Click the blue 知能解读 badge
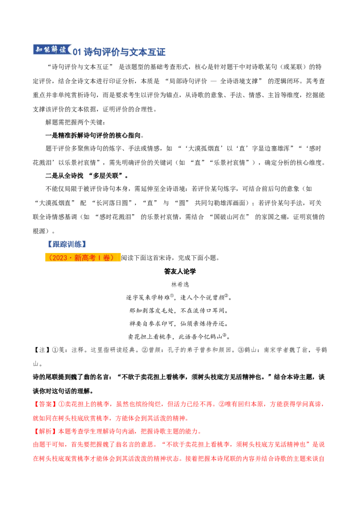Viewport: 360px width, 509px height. point(52,50)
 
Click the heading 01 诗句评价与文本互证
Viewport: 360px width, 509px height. point(119,52)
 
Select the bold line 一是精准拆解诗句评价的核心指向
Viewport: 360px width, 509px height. point(94,135)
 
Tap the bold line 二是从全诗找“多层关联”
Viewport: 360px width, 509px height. point(87,176)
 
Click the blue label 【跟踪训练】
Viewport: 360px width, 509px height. point(67,244)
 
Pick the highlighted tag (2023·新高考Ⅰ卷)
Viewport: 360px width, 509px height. point(82,258)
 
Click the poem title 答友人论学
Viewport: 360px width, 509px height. point(180,272)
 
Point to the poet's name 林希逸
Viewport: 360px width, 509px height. point(180,284)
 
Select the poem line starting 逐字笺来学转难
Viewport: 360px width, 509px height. point(179,297)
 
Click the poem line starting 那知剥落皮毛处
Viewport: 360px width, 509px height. point(179,311)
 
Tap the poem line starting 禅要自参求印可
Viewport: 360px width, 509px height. point(179,324)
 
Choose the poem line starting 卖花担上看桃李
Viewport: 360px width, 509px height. point(179,337)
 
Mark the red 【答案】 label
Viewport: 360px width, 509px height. point(45,404)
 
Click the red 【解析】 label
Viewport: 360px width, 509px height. point(45,431)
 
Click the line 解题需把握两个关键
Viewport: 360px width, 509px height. point(76,122)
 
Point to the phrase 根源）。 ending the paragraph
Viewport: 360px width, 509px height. point(44,231)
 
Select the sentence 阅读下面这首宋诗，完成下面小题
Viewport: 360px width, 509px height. point(171,258)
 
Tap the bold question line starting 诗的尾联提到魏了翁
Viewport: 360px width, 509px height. point(179,384)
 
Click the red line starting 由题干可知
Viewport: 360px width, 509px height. point(179,445)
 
